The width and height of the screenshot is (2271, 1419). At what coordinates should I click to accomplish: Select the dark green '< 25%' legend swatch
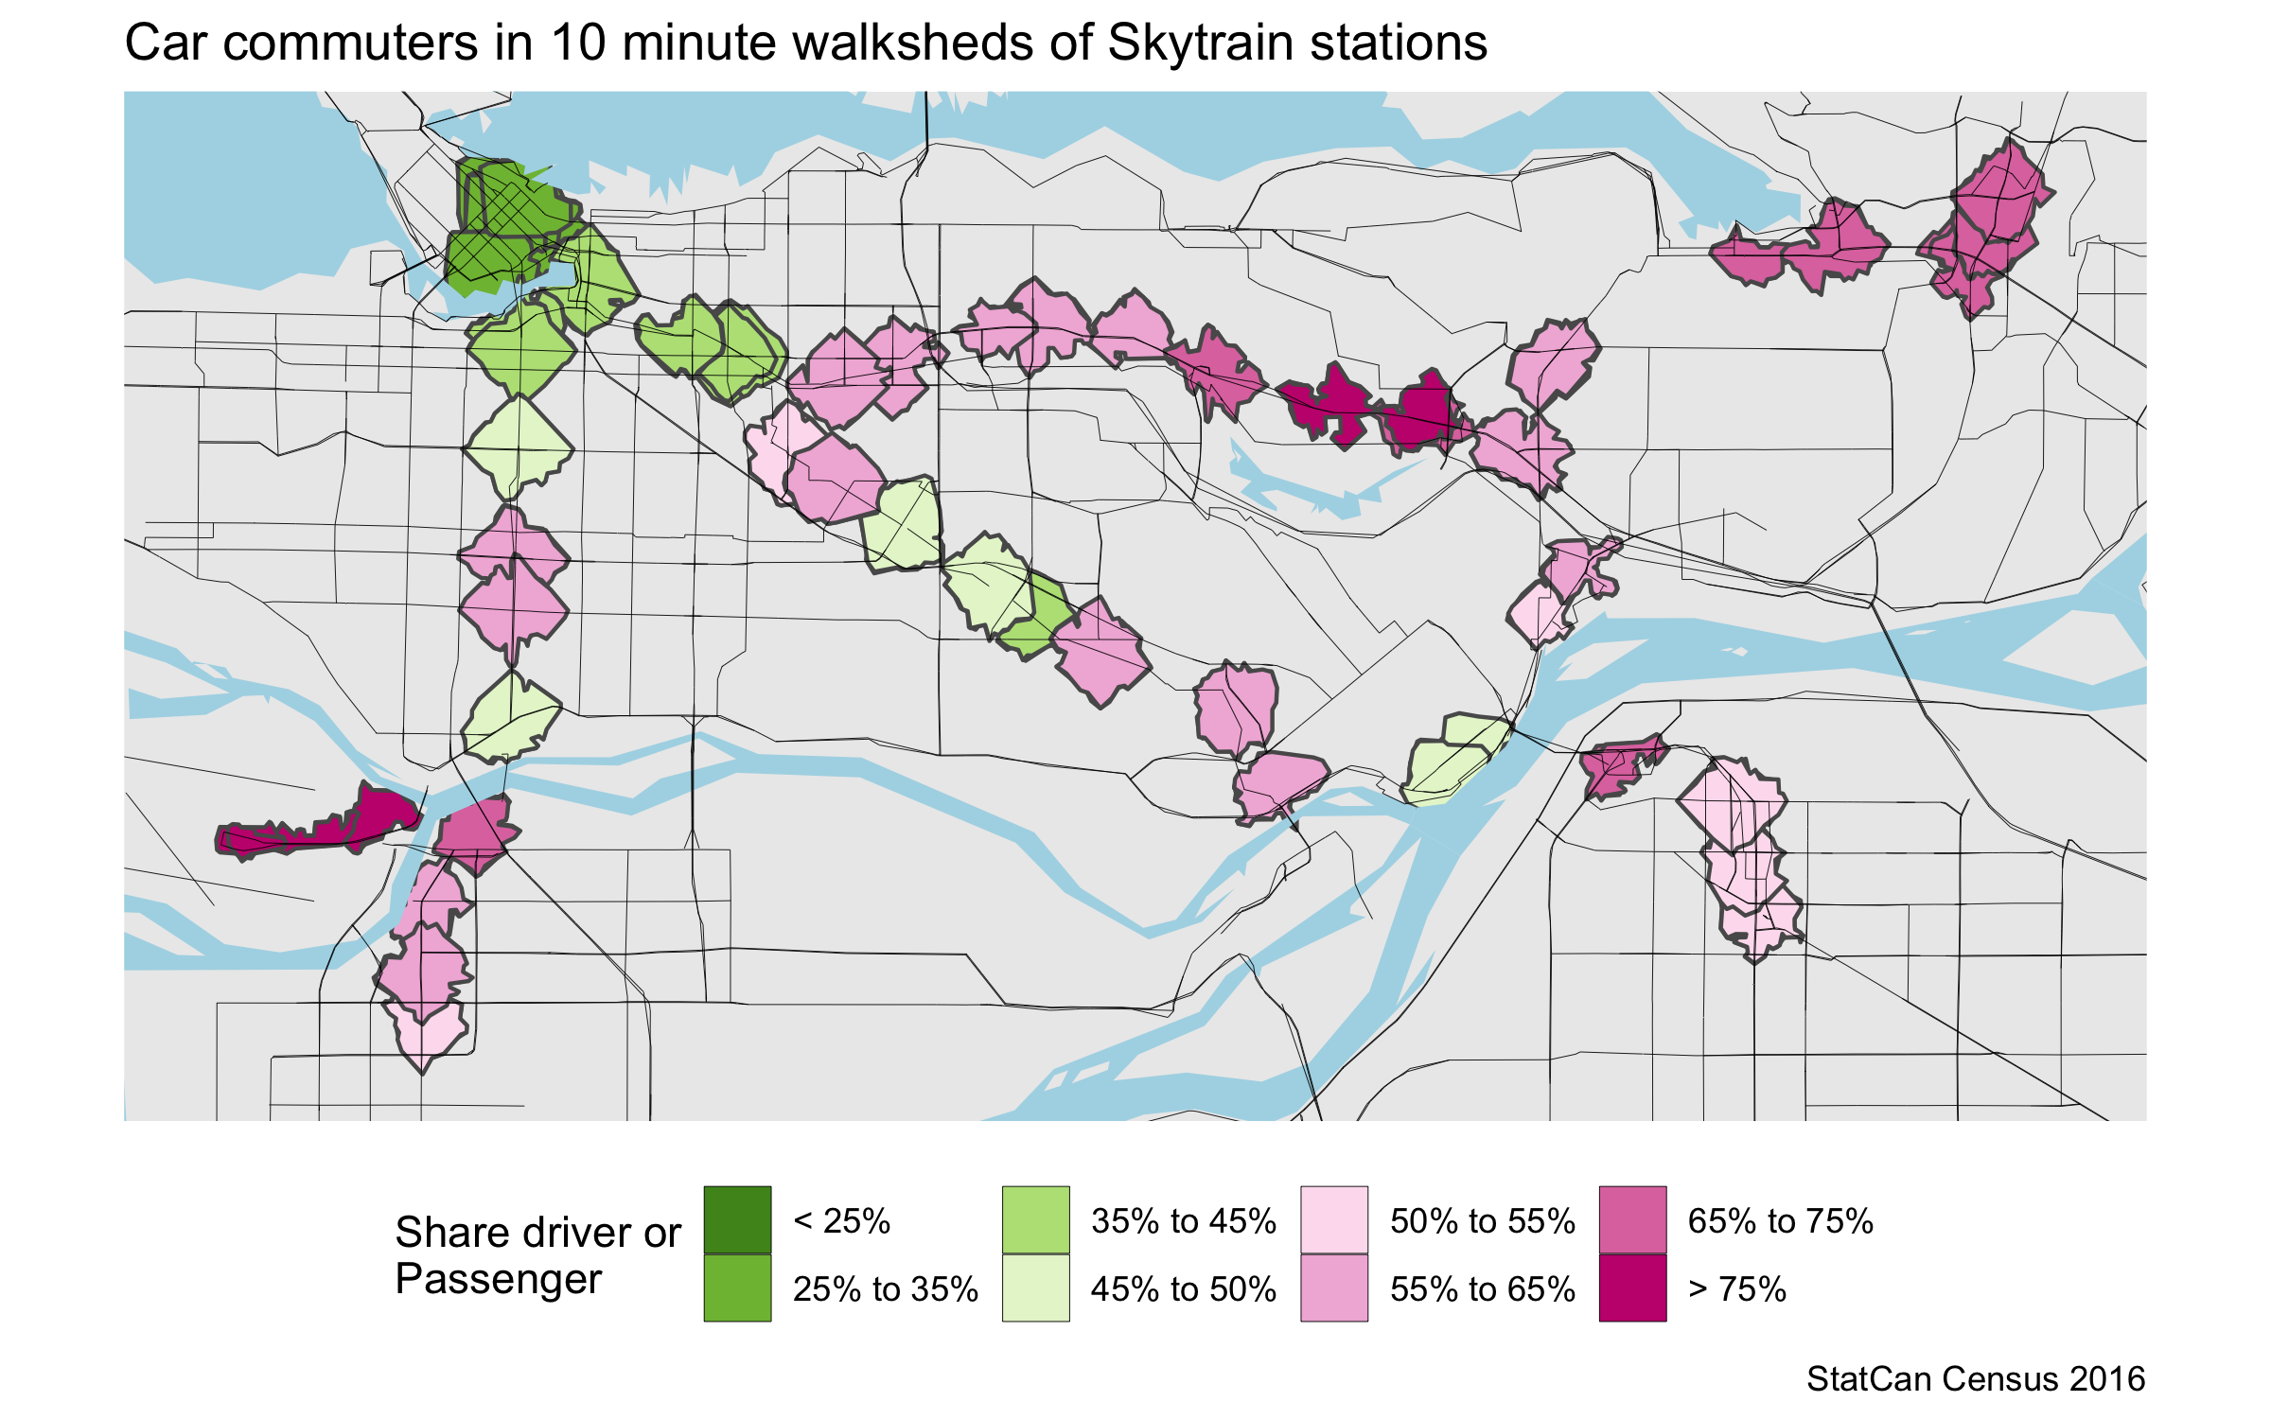tap(737, 1219)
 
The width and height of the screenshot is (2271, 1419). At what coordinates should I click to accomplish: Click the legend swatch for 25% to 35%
tap(737, 1288)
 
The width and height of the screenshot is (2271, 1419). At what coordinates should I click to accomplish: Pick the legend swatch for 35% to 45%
tap(1035, 1219)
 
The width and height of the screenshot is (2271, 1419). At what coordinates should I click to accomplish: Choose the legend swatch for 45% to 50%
tap(1035, 1288)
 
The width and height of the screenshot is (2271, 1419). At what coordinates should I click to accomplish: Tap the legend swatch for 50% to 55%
tap(1334, 1219)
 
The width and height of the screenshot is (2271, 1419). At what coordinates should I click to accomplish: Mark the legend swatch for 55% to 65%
tap(1334, 1288)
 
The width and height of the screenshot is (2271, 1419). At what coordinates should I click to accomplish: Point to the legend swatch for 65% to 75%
tap(1632, 1219)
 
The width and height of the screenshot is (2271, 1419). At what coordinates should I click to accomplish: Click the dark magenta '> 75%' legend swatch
tap(1632, 1288)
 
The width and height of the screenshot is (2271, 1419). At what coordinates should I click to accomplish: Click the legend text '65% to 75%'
tap(1780, 1221)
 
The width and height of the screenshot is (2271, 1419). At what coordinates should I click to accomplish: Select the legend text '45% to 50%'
tap(1183, 1289)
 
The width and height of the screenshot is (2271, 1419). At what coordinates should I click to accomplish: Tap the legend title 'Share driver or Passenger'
tap(537, 1255)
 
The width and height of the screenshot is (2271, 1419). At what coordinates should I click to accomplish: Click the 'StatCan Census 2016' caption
tap(1975, 1379)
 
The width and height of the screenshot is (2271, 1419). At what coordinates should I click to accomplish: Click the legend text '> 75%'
tap(1737, 1289)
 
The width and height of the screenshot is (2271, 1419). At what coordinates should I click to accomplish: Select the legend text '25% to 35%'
tap(885, 1289)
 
